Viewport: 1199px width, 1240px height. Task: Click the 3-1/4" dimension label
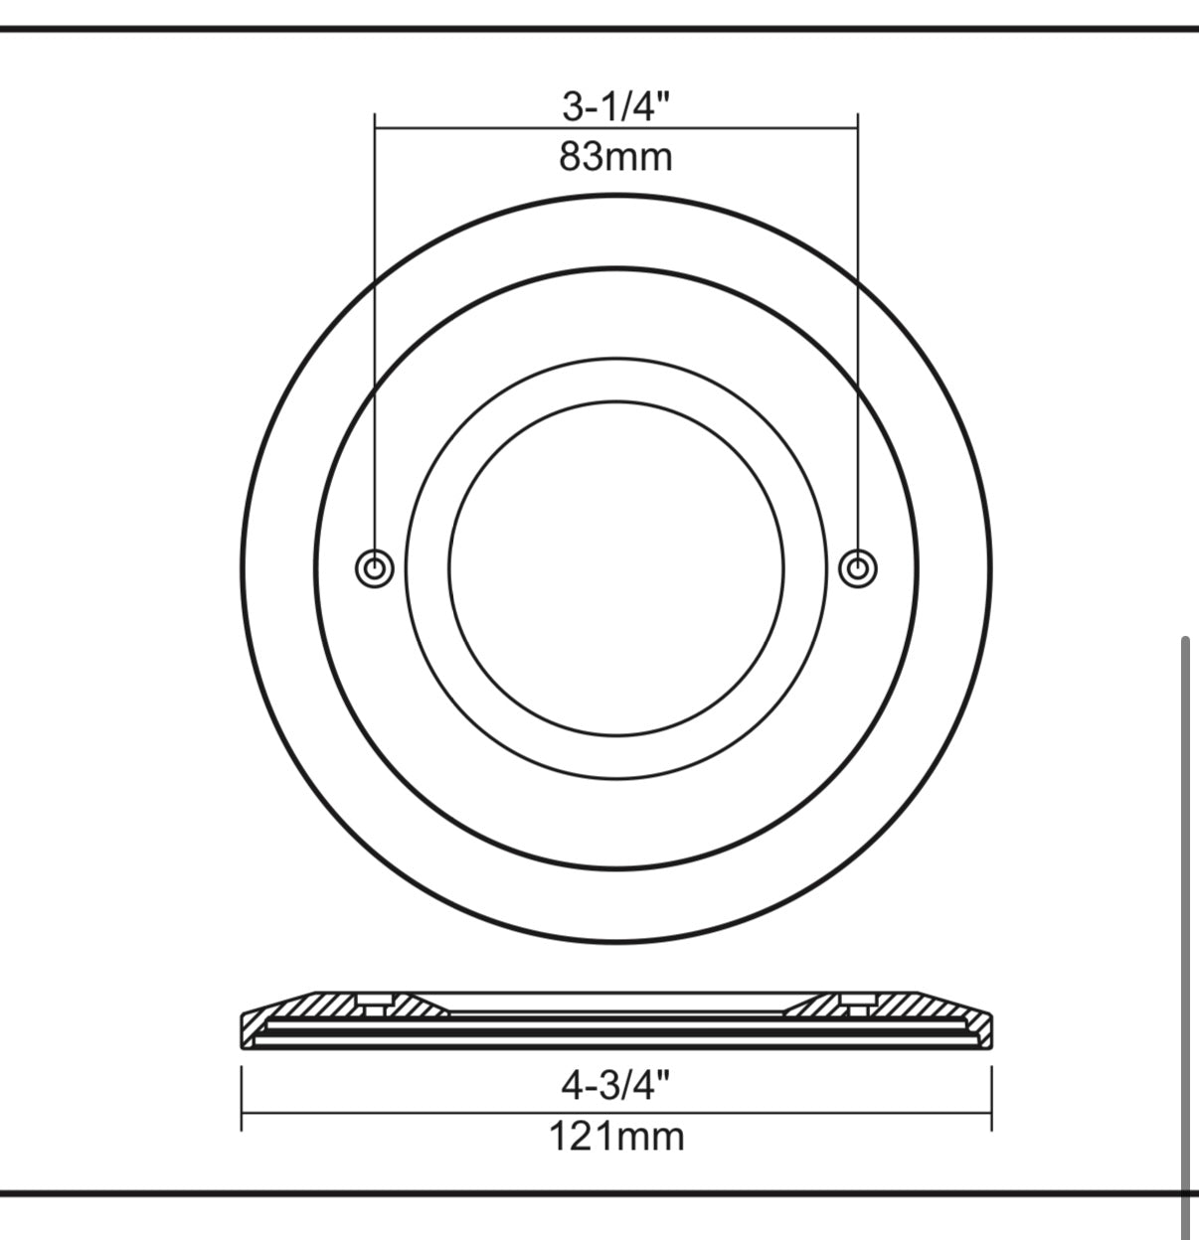(x=615, y=105)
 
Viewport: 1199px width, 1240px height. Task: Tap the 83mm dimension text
(x=615, y=157)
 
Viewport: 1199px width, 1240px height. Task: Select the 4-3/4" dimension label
(x=615, y=1085)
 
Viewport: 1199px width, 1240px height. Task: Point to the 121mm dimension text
(x=616, y=1136)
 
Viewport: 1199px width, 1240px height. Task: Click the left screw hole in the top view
(x=375, y=567)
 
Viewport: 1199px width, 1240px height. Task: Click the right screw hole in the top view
(x=857, y=567)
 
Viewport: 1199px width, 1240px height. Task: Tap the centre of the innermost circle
(x=616, y=568)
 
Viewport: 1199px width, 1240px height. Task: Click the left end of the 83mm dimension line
(x=375, y=128)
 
